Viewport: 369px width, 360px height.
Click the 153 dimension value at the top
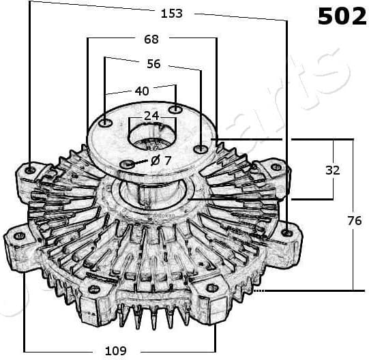171,14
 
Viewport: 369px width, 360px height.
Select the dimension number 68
151,40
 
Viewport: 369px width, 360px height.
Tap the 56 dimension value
153,64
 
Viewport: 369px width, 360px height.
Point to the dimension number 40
141,91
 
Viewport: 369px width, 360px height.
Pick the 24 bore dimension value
151,116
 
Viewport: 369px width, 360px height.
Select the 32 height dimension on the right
332,170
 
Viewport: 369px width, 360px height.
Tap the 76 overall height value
353,220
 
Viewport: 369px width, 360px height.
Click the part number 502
342,17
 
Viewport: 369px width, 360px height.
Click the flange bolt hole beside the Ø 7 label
128,165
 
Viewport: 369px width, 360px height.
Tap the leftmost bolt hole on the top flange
106,123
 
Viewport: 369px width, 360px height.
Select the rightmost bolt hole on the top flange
199,148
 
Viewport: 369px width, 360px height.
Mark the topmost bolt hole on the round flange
175,109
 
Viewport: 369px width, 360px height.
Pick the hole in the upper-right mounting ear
276,167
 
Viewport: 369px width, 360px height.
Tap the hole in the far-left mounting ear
18,236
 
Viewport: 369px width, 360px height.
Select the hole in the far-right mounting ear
287,232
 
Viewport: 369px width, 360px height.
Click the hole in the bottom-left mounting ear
94,290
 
